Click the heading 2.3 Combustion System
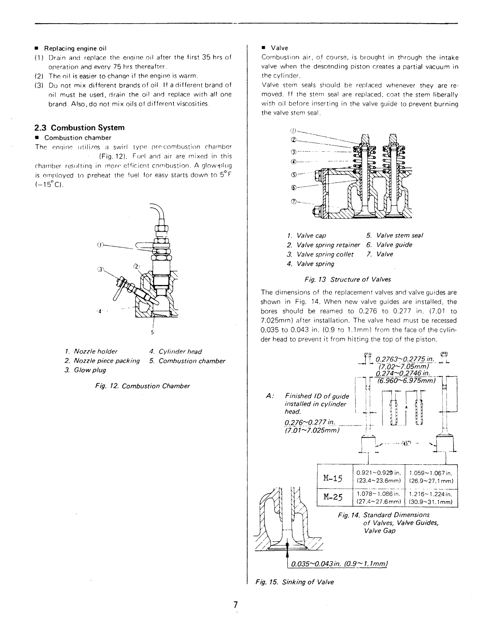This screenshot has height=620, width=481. (x=79, y=128)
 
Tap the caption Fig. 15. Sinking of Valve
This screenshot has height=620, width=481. (x=295, y=582)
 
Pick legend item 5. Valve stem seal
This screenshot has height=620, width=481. (x=395, y=235)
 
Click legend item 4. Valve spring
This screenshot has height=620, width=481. (x=310, y=264)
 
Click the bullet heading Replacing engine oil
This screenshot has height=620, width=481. (x=74, y=48)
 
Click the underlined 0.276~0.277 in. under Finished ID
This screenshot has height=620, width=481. (x=310, y=423)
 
